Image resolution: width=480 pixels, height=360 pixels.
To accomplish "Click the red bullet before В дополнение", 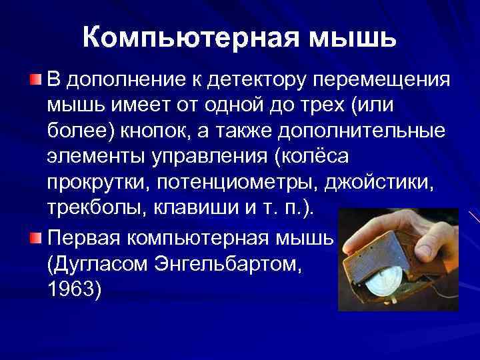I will (x=36, y=80).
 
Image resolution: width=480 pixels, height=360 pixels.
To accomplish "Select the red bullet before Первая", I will (x=36, y=239).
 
